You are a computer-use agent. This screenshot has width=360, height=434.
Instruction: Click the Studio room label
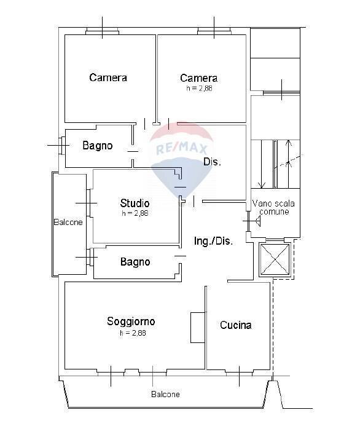click(135, 203)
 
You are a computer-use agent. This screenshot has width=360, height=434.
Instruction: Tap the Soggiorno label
click(131, 322)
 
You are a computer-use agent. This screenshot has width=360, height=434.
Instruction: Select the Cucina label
click(235, 325)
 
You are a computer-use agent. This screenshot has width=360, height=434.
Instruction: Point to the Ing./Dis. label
click(213, 241)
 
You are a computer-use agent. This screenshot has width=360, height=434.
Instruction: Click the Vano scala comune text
click(273, 208)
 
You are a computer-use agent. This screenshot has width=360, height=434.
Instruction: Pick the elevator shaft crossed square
click(274, 259)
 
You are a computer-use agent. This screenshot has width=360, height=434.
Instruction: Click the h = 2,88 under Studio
click(135, 213)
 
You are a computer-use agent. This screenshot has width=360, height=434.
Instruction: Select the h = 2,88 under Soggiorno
click(133, 333)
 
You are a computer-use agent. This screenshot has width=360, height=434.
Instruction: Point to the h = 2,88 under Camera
click(199, 89)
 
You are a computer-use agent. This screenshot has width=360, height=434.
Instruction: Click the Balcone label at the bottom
click(165, 394)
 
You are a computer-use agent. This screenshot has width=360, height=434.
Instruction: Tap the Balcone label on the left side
click(68, 222)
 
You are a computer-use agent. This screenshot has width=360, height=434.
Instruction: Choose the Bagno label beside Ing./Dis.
click(135, 262)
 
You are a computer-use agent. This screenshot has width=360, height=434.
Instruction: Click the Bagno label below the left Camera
click(98, 146)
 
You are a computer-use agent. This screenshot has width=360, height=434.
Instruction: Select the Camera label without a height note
click(108, 77)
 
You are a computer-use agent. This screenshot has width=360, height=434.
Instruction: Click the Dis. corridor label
click(212, 162)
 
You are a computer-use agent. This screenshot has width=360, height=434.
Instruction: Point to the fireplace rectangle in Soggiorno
click(198, 328)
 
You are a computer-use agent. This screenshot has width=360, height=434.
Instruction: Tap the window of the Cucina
click(240, 373)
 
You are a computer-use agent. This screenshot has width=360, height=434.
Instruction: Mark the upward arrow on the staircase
click(288, 164)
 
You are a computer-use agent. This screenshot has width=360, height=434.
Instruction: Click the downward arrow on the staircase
click(261, 164)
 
